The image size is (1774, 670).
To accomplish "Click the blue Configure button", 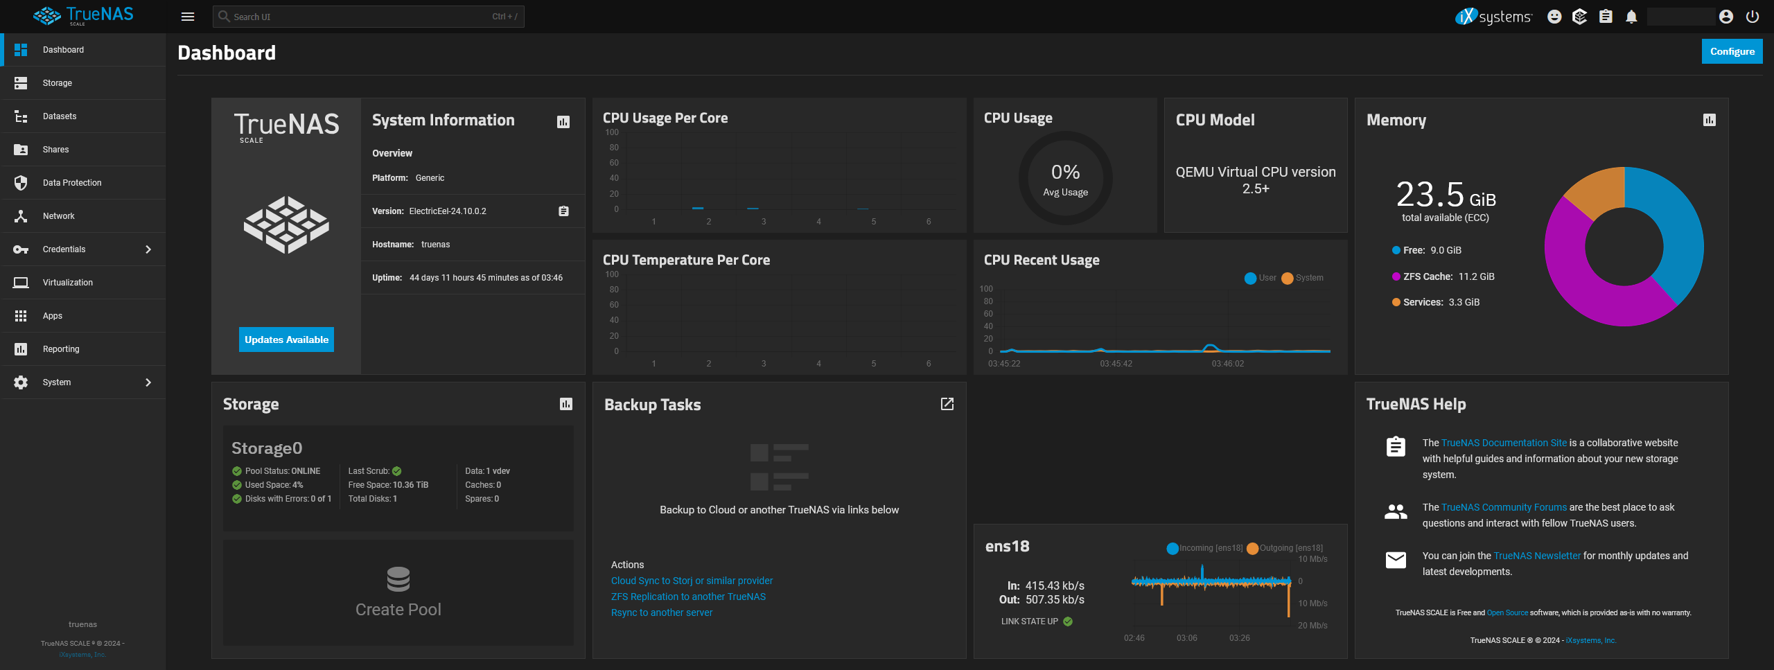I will coord(1731,51).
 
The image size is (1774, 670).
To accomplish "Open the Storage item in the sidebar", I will coord(58,83).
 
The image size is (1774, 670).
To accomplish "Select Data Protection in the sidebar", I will coord(72,183).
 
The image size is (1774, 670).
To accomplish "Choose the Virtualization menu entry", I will coord(68,283).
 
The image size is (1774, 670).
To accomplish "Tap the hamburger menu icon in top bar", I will coord(188,17).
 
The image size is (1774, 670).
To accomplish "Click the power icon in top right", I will coord(1752,17).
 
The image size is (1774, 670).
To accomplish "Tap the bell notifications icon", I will coord(1631,17).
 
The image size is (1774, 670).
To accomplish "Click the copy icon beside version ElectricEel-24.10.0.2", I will coord(563,211).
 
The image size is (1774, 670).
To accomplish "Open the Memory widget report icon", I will coord(1709,121).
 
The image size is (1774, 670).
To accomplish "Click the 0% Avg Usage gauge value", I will coord(1065,173).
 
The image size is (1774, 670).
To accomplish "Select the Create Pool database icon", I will coord(398,579).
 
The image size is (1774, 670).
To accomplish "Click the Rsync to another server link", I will coord(661,612).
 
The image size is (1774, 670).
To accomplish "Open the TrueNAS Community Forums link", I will coord(1503,507).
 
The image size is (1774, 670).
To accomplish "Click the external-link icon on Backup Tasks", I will coord(947,404).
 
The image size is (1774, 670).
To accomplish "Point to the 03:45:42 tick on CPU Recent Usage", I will coord(1116,364).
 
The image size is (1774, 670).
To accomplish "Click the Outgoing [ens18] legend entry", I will coord(1285,548).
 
